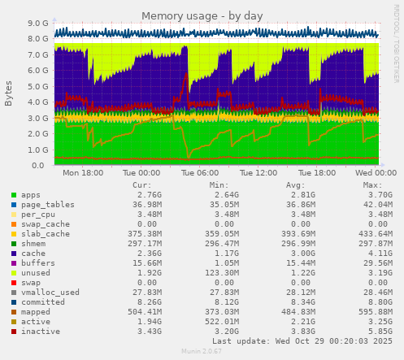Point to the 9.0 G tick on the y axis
37,24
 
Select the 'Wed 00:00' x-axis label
376,173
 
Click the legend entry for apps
31,196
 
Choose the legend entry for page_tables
41,205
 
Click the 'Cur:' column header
141,185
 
